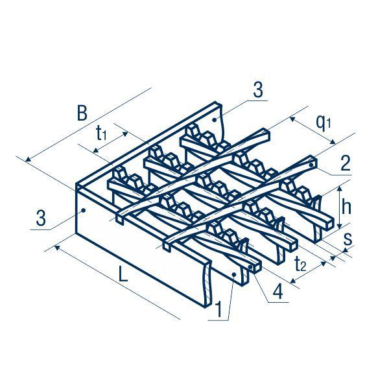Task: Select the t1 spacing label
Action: coord(102,134)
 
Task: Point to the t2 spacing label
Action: coord(301,264)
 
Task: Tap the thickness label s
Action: coord(348,238)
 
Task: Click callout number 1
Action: coord(219,310)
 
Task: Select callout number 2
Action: coord(345,163)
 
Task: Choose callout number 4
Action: coord(277,291)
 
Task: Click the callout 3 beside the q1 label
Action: coord(258,91)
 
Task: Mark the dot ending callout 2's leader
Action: coord(312,165)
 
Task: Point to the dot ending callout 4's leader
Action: coord(252,266)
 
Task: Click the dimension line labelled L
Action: coord(117,283)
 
